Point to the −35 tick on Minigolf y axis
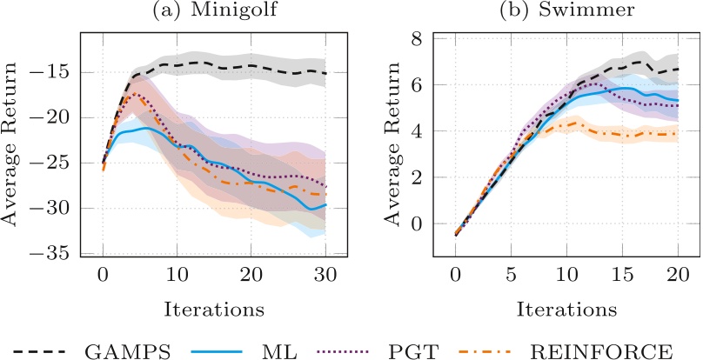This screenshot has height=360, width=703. click(54, 253)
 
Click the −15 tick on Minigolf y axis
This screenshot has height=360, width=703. click(54, 72)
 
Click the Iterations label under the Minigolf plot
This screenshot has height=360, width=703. click(214, 309)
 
